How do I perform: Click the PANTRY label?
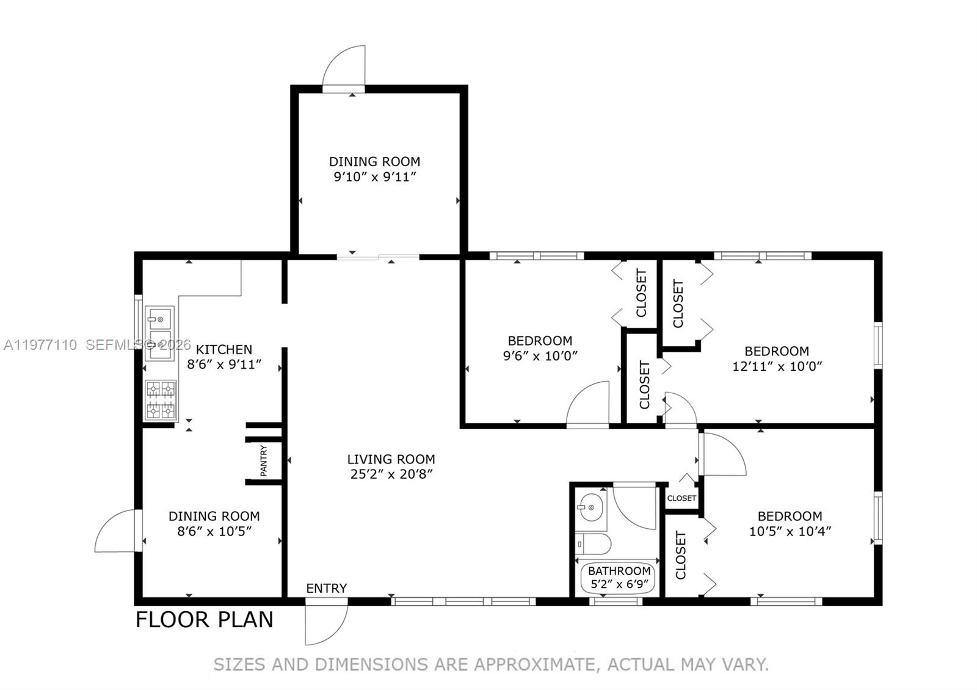pyautogui.click(x=264, y=460)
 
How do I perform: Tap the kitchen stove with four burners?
pyautogui.click(x=161, y=401)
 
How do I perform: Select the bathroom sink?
pyautogui.click(x=590, y=507)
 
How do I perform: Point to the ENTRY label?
pyautogui.click(x=326, y=588)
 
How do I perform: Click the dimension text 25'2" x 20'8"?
pyautogui.click(x=391, y=474)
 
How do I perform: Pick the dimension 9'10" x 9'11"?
pyautogui.click(x=374, y=177)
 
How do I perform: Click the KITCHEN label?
pyautogui.click(x=223, y=349)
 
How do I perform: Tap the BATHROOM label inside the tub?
pyautogui.click(x=619, y=571)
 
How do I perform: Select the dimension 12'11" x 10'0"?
pyautogui.click(x=777, y=366)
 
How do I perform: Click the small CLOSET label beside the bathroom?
pyautogui.click(x=681, y=498)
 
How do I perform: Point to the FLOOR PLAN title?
pyautogui.click(x=204, y=619)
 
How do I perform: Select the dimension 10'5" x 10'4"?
pyautogui.click(x=790, y=531)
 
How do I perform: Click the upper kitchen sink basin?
pyautogui.click(x=159, y=319)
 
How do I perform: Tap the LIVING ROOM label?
pyautogui.click(x=391, y=459)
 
